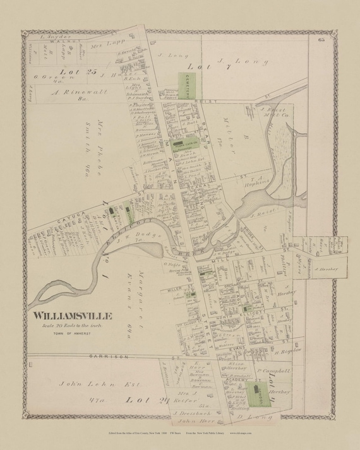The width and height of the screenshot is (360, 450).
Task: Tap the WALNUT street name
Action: pyautogui.click(x=44, y=44)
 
